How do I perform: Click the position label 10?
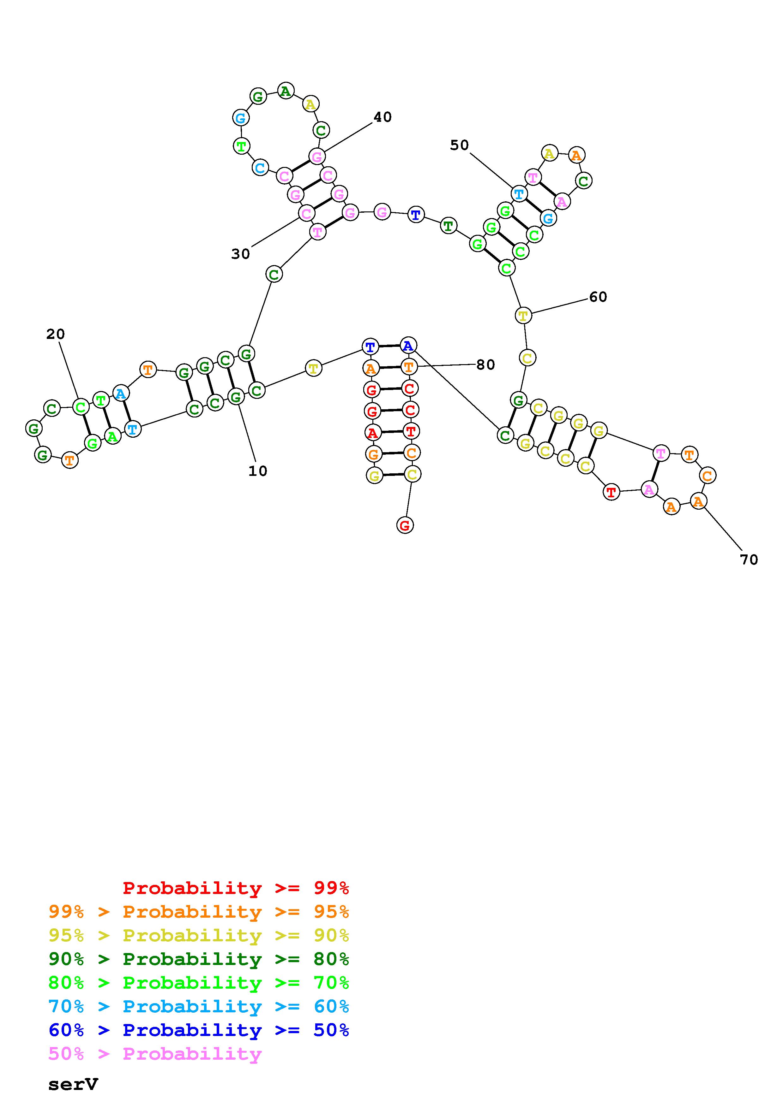coord(258,471)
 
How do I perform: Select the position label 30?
coord(240,254)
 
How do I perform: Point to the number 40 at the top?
coord(382,117)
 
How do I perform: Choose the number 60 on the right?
coord(598,297)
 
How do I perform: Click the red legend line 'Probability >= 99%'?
coord(235,888)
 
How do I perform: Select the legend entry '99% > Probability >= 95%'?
coord(199,912)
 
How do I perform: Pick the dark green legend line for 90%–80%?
coord(199,959)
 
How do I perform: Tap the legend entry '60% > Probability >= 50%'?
coord(199,1030)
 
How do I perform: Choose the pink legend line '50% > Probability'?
coord(155,1053)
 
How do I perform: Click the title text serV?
coord(73,1084)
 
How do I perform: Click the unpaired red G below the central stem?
coord(405,525)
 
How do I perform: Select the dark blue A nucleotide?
coord(408,346)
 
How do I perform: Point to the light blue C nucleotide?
coord(260,168)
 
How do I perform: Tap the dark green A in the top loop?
coord(286,91)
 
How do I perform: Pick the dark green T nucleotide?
coord(449,225)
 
